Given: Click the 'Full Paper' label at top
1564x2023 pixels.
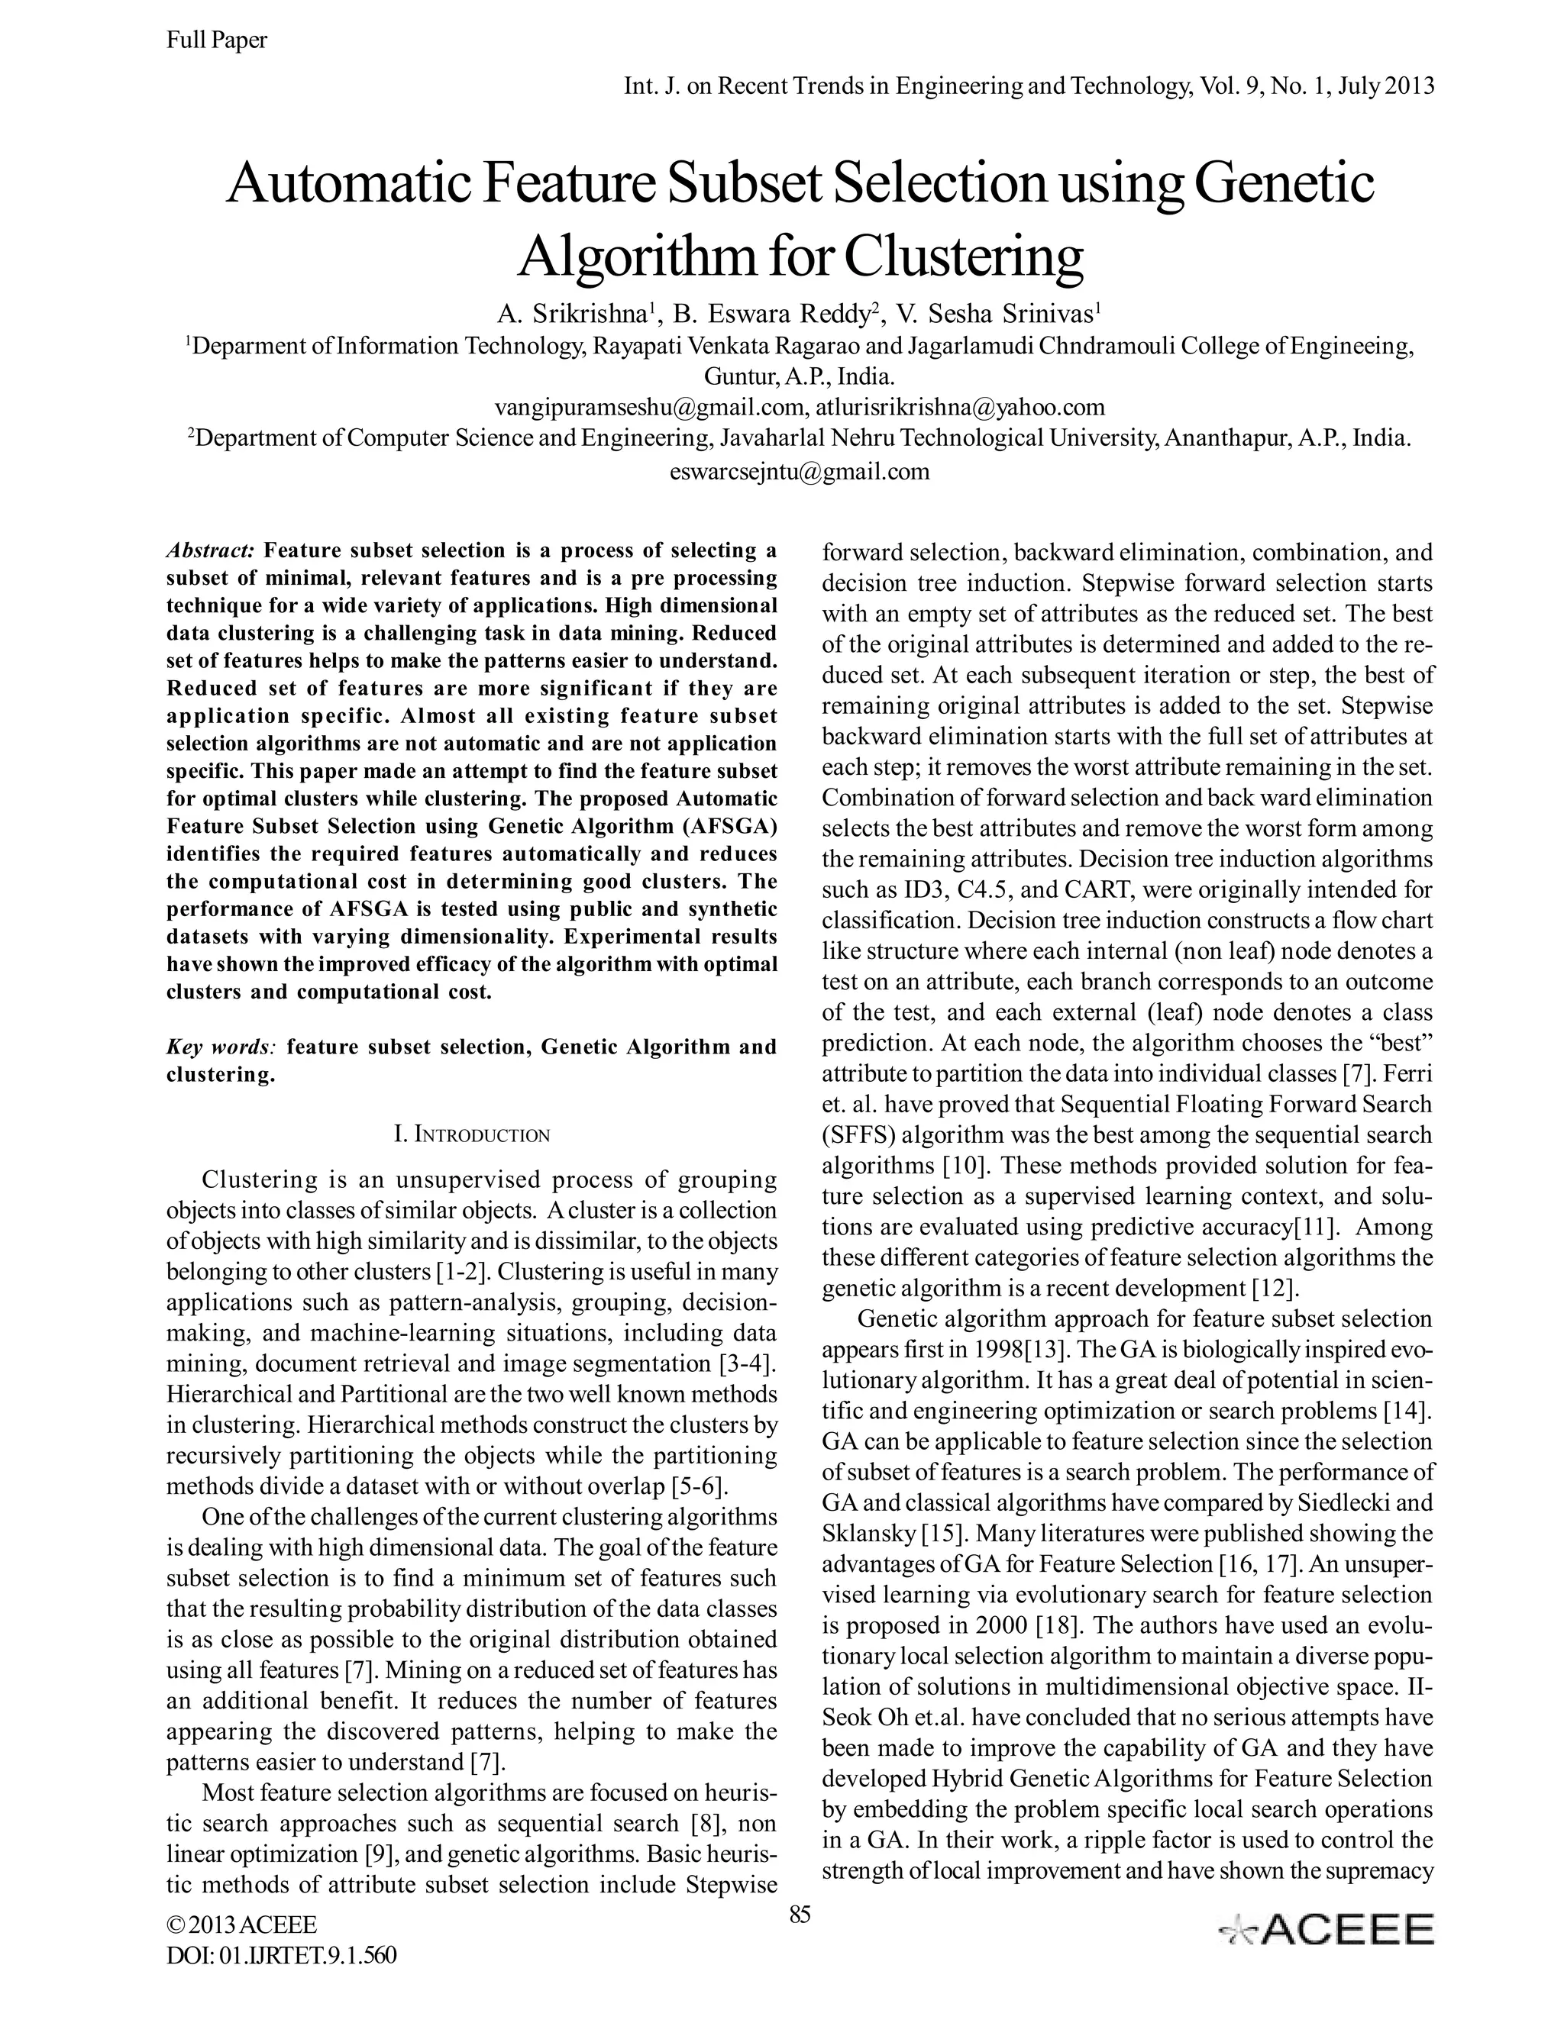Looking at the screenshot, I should [216, 40].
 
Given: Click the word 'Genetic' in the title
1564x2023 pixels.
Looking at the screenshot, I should [1283, 183].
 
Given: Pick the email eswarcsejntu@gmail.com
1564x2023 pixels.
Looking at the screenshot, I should [799, 472].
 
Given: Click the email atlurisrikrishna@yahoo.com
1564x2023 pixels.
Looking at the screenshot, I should [960, 407].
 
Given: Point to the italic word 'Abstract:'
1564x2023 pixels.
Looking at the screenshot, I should [209, 551].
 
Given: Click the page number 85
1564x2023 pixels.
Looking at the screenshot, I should [800, 1915].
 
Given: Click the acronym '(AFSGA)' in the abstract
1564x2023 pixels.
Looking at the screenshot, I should [729, 826].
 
